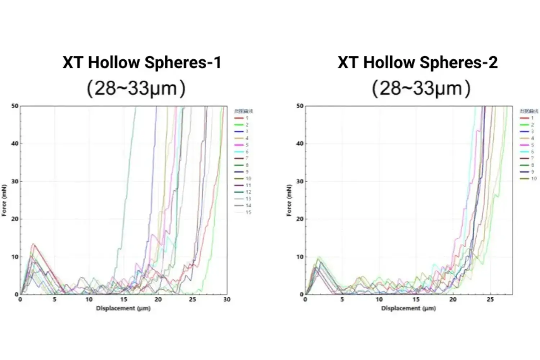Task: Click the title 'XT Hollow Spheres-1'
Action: tap(142, 62)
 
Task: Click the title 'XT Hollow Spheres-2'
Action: tap(418, 62)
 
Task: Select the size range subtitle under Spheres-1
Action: tap(136, 88)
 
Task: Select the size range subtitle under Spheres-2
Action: tap(421, 88)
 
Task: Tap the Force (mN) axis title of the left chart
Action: tap(4, 200)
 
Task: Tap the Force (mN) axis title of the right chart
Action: tap(289, 200)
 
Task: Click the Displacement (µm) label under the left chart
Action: tap(123, 308)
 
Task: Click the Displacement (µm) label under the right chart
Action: tap(408, 308)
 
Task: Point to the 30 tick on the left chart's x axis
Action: tap(227, 300)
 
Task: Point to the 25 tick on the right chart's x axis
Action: tap(490, 300)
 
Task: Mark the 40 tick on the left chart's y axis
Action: tap(14, 144)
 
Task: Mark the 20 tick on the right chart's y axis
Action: tap(300, 219)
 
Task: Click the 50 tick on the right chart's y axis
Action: tap(300, 106)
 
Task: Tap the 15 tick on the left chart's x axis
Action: tap(123, 300)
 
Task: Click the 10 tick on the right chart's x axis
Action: tap(379, 300)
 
